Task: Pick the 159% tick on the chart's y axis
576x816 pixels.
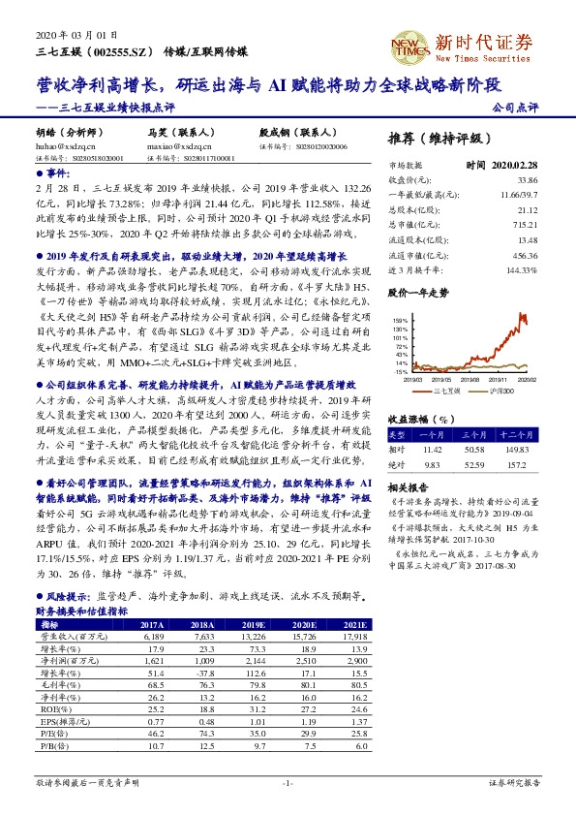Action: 398,319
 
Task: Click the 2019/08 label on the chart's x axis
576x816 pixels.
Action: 468,380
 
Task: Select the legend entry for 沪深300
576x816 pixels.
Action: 501,392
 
